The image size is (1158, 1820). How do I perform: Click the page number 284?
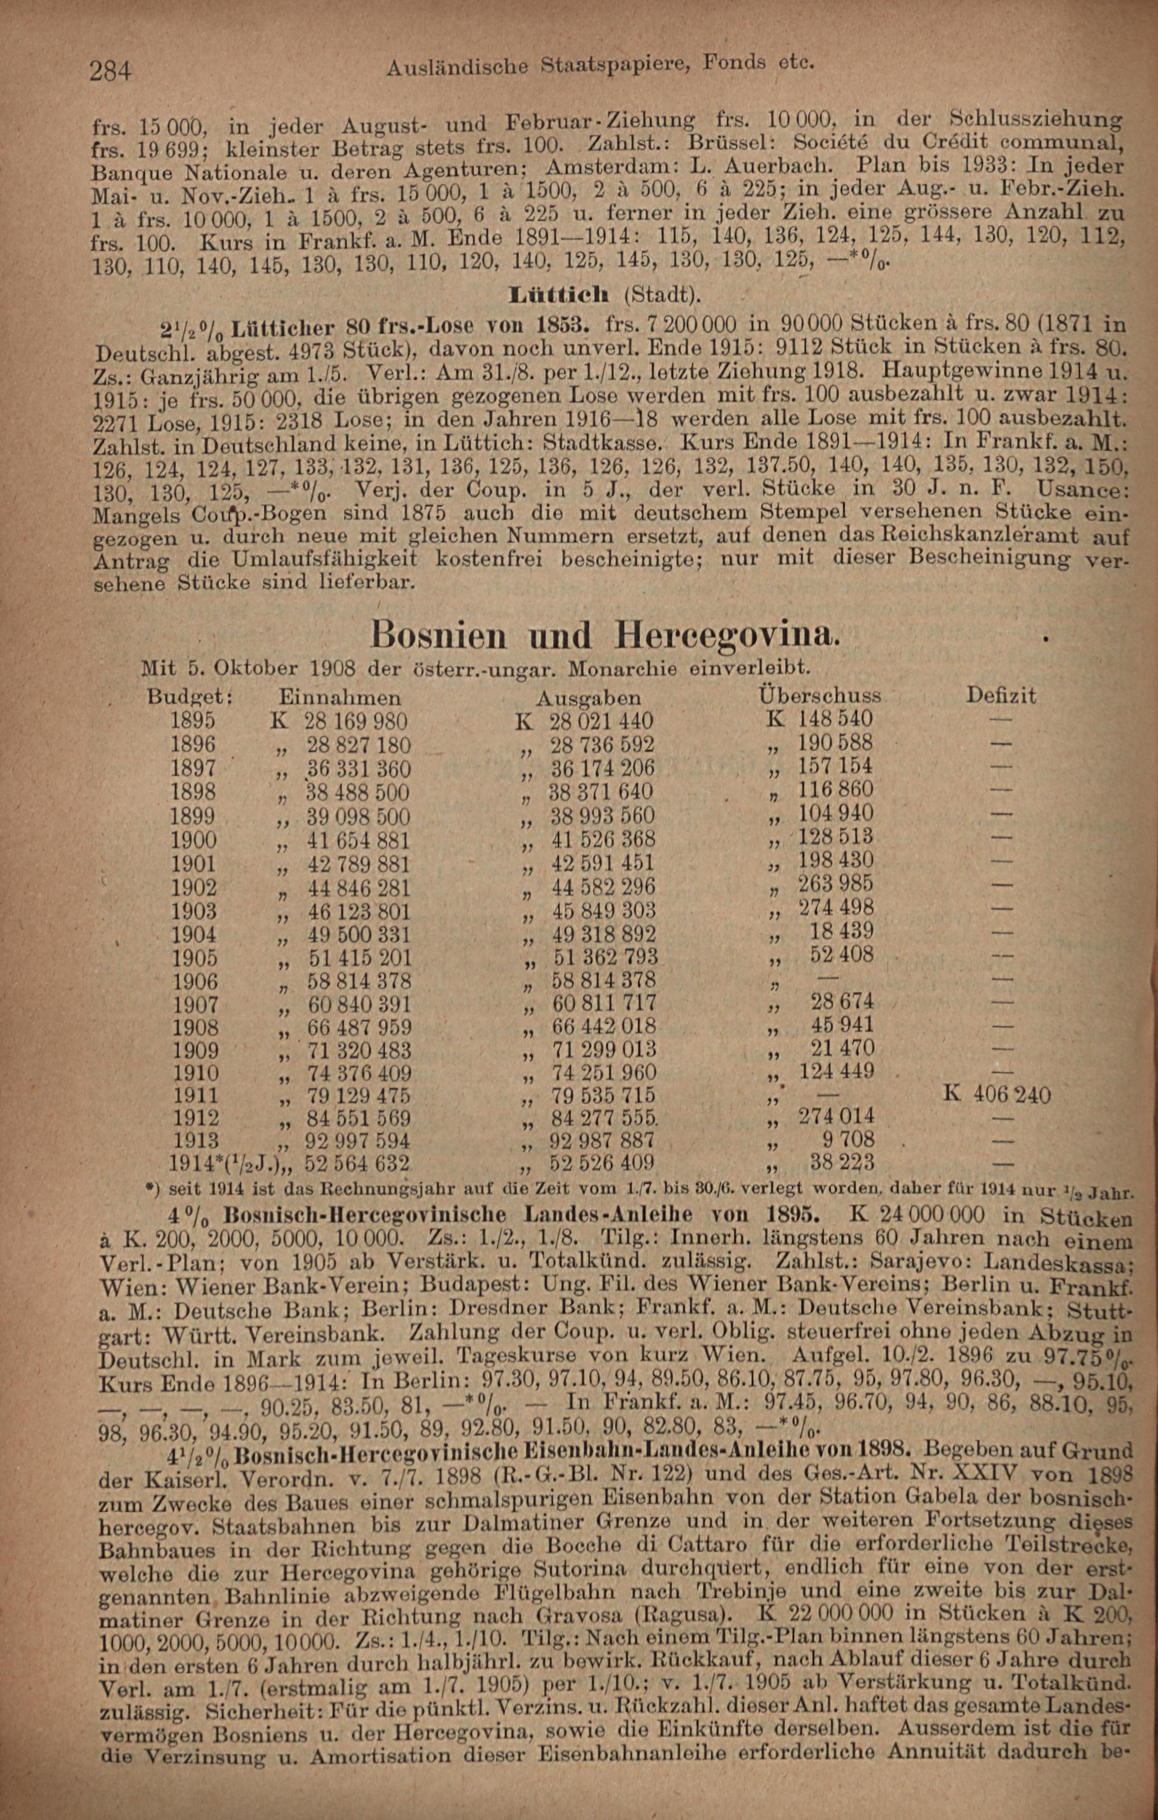[x=111, y=72]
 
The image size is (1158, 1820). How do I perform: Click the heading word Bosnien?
[x=439, y=636]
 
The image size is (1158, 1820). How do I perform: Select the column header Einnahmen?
[x=339, y=697]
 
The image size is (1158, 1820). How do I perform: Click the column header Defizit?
[x=1001, y=695]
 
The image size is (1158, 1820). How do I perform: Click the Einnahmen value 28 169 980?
[x=356, y=720]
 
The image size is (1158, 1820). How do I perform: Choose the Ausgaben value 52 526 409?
[x=602, y=1162]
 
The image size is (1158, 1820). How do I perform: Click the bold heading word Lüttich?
[x=563, y=295]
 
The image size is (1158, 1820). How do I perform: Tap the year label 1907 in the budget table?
[x=195, y=1004]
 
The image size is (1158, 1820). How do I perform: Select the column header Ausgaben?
[x=588, y=697]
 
